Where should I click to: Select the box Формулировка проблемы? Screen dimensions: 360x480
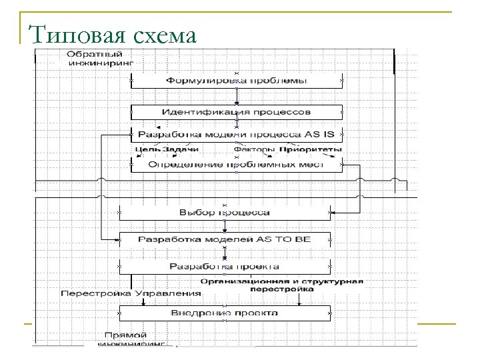coord(236,80)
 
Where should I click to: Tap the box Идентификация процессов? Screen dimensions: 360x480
coord(236,111)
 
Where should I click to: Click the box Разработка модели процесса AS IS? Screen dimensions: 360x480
coord(236,134)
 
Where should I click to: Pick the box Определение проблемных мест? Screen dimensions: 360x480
coord(236,164)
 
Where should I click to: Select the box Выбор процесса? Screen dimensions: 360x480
coord(225,213)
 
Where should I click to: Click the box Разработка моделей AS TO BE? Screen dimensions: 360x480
coord(225,239)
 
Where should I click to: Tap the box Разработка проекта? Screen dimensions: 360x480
coord(225,266)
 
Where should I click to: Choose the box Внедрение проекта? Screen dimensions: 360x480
coord(225,312)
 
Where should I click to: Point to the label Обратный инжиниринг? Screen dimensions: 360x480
coord(100,59)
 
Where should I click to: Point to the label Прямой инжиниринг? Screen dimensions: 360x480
coord(126,339)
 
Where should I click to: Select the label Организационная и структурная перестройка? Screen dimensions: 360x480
coord(282,285)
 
